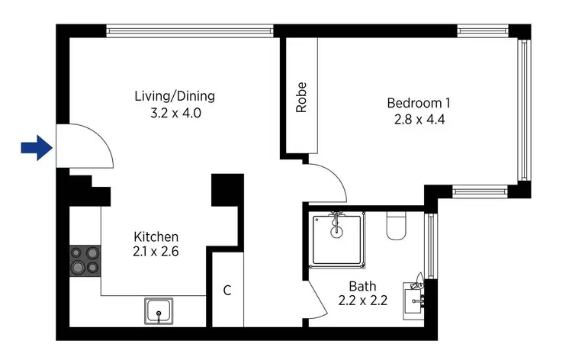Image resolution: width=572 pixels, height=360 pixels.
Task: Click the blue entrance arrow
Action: click(x=36, y=148)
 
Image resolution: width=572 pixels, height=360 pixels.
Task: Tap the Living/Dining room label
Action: click(x=175, y=97)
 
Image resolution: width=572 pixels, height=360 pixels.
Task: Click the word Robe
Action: click(x=301, y=98)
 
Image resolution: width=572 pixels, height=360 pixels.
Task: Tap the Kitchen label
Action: click(x=156, y=236)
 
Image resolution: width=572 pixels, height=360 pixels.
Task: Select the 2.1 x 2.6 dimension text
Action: click(x=156, y=252)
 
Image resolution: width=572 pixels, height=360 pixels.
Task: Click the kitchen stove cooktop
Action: click(x=85, y=260)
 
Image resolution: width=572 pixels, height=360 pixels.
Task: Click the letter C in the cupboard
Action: click(x=227, y=291)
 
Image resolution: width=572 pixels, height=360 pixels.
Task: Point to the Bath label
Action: click(x=362, y=286)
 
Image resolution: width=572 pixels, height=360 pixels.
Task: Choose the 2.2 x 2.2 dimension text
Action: click(x=362, y=301)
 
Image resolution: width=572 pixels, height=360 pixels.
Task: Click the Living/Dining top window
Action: click(x=189, y=31)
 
